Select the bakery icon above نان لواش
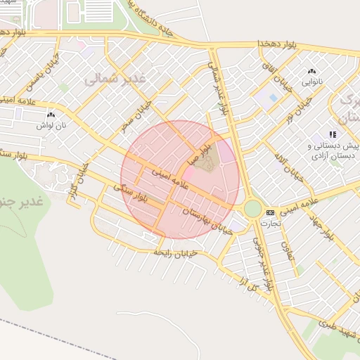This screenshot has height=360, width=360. (50, 115)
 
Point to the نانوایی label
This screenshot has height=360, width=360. (311, 82)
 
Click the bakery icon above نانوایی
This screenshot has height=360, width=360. (311, 71)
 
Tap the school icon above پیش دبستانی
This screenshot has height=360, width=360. (333, 134)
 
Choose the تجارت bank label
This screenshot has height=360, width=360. (270, 223)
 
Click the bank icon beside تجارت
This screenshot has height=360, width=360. (270, 212)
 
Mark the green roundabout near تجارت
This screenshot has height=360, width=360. (252, 209)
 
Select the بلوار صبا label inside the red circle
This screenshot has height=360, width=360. (199, 157)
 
